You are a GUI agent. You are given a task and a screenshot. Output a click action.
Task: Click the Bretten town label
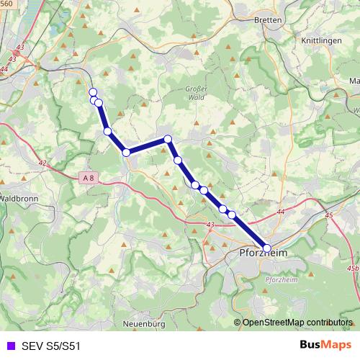(268, 20)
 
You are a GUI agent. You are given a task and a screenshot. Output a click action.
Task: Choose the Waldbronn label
(13, 197)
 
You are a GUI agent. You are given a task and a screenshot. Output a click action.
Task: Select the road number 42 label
(42, 163)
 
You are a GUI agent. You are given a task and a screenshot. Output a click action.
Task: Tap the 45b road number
(352, 268)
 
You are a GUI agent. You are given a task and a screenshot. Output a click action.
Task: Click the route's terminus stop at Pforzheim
(267, 248)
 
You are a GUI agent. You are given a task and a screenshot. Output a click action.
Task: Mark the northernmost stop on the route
(92, 91)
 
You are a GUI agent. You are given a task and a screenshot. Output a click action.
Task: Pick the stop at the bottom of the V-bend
(126, 152)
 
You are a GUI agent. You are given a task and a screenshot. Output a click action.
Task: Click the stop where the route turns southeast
(167, 139)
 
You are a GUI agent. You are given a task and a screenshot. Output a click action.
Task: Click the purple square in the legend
(9, 346)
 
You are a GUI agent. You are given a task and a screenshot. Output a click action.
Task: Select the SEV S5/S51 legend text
(50, 346)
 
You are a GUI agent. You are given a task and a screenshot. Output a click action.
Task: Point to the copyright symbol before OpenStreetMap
(238, 322)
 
